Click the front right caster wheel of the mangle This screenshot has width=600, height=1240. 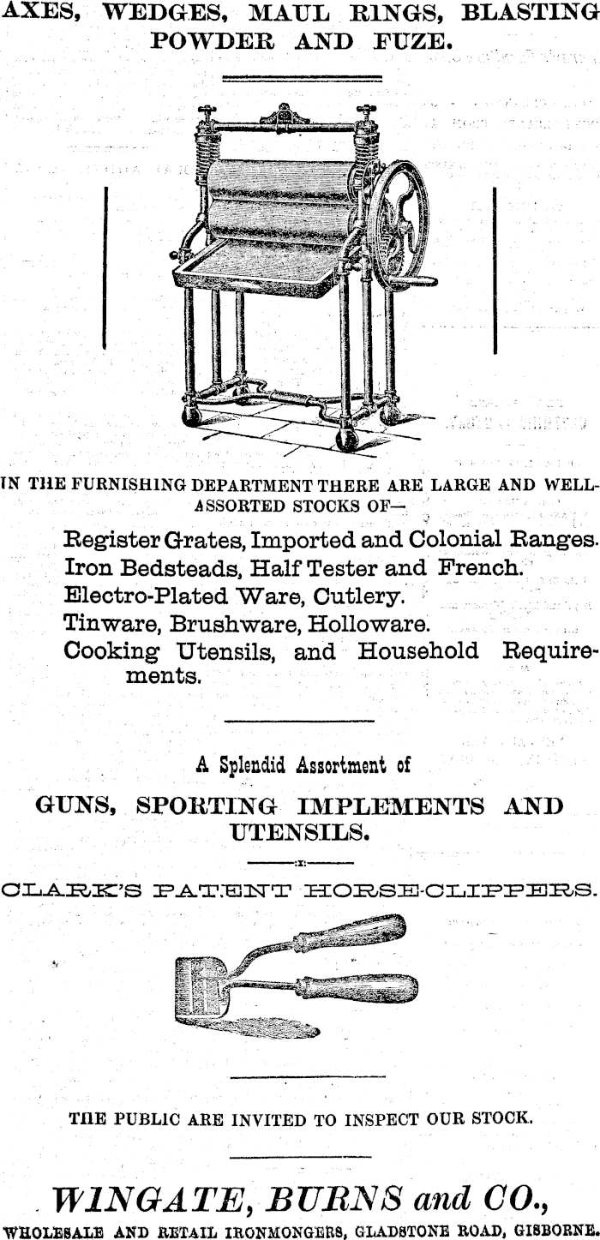pos(346,439)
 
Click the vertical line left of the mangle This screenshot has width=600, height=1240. pos(104,267)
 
